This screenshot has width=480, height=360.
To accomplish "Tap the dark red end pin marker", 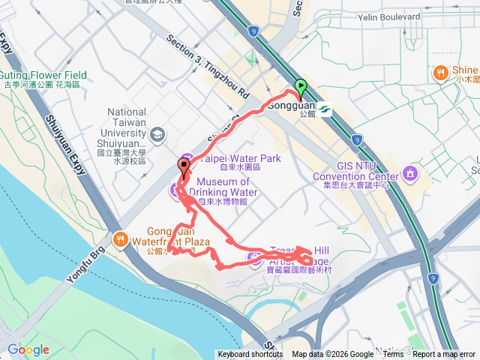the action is click(183, 166).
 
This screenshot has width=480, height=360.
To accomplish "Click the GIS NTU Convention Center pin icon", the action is click(410, 174).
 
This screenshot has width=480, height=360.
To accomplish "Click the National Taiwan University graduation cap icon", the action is click(157, 135).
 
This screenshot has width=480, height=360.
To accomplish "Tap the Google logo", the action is click(28, 349).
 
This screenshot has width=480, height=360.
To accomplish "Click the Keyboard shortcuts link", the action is click(250, 355).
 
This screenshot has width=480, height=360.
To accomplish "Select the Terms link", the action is click(393, 355).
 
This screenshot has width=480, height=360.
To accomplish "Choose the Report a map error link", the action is click(445, 355).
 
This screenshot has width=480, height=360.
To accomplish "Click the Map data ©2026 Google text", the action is click(333, 355).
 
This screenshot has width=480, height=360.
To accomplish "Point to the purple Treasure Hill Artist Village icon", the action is click(254, 259).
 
